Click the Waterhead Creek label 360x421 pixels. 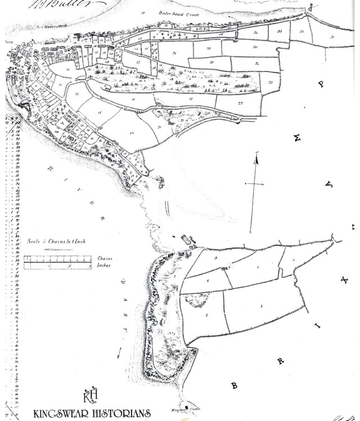pos(164,12)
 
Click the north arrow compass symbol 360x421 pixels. pos(256,189)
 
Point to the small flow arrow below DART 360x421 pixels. pos(119,352)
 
